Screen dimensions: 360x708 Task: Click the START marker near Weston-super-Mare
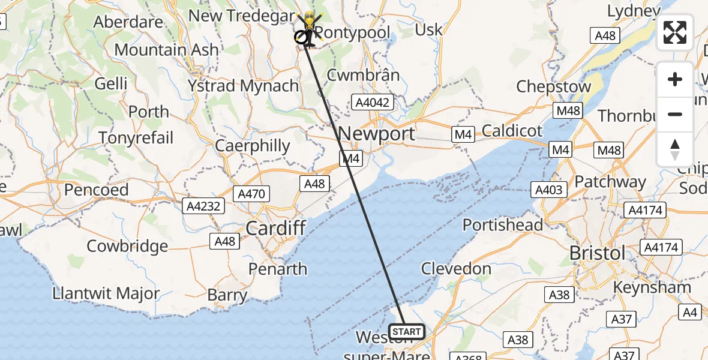point(407,331)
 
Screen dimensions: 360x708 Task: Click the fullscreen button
point(675,32)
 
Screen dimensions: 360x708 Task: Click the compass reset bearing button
point(675,149)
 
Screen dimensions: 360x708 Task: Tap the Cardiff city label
point(276,228)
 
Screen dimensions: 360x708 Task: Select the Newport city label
point(377,133)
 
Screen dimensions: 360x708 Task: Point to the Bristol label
point(598,253)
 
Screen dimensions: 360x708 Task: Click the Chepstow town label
point(553,86)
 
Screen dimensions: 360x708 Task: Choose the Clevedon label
point(456,268)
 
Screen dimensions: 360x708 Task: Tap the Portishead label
point(503,225)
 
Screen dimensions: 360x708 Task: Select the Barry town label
point(227,295)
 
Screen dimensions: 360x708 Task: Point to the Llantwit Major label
point(106,294)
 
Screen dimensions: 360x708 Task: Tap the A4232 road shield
point(203,206)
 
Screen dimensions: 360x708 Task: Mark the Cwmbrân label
point(363,75)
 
